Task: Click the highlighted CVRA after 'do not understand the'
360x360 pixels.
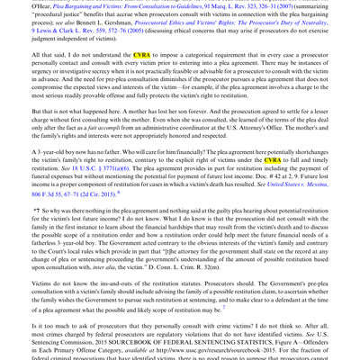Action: (141, 55)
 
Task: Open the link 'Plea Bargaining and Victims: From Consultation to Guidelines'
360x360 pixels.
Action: (125, 7)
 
